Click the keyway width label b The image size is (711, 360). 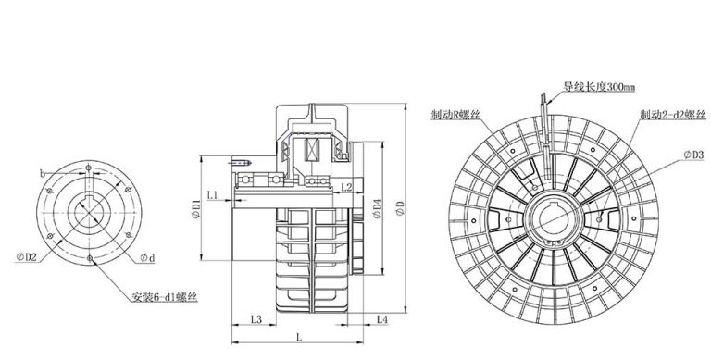pyautogui.click(x=43, y=172)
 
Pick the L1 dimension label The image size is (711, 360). pyautogui.click(x=213, y=195)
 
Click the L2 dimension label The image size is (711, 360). pyautogui.click(x=345, y=188)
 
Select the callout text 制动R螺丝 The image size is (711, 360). pyautogui.click(x=455, y=116)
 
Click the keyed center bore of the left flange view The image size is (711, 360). pyautogui.click(x=90, y=210)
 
